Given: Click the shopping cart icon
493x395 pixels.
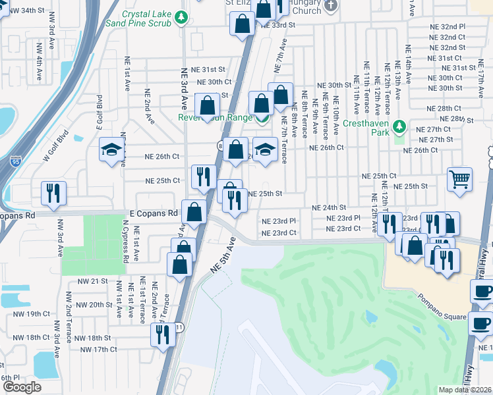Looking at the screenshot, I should [459, 179].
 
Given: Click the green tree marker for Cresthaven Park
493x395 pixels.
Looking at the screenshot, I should [398, 126].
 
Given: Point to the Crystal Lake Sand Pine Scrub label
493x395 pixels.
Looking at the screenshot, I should [146, 18].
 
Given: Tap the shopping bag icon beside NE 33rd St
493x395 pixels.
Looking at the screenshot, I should [242, 25].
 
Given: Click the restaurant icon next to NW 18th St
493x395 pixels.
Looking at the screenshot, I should [161, 334].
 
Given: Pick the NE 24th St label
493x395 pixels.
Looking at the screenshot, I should [329, 207].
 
